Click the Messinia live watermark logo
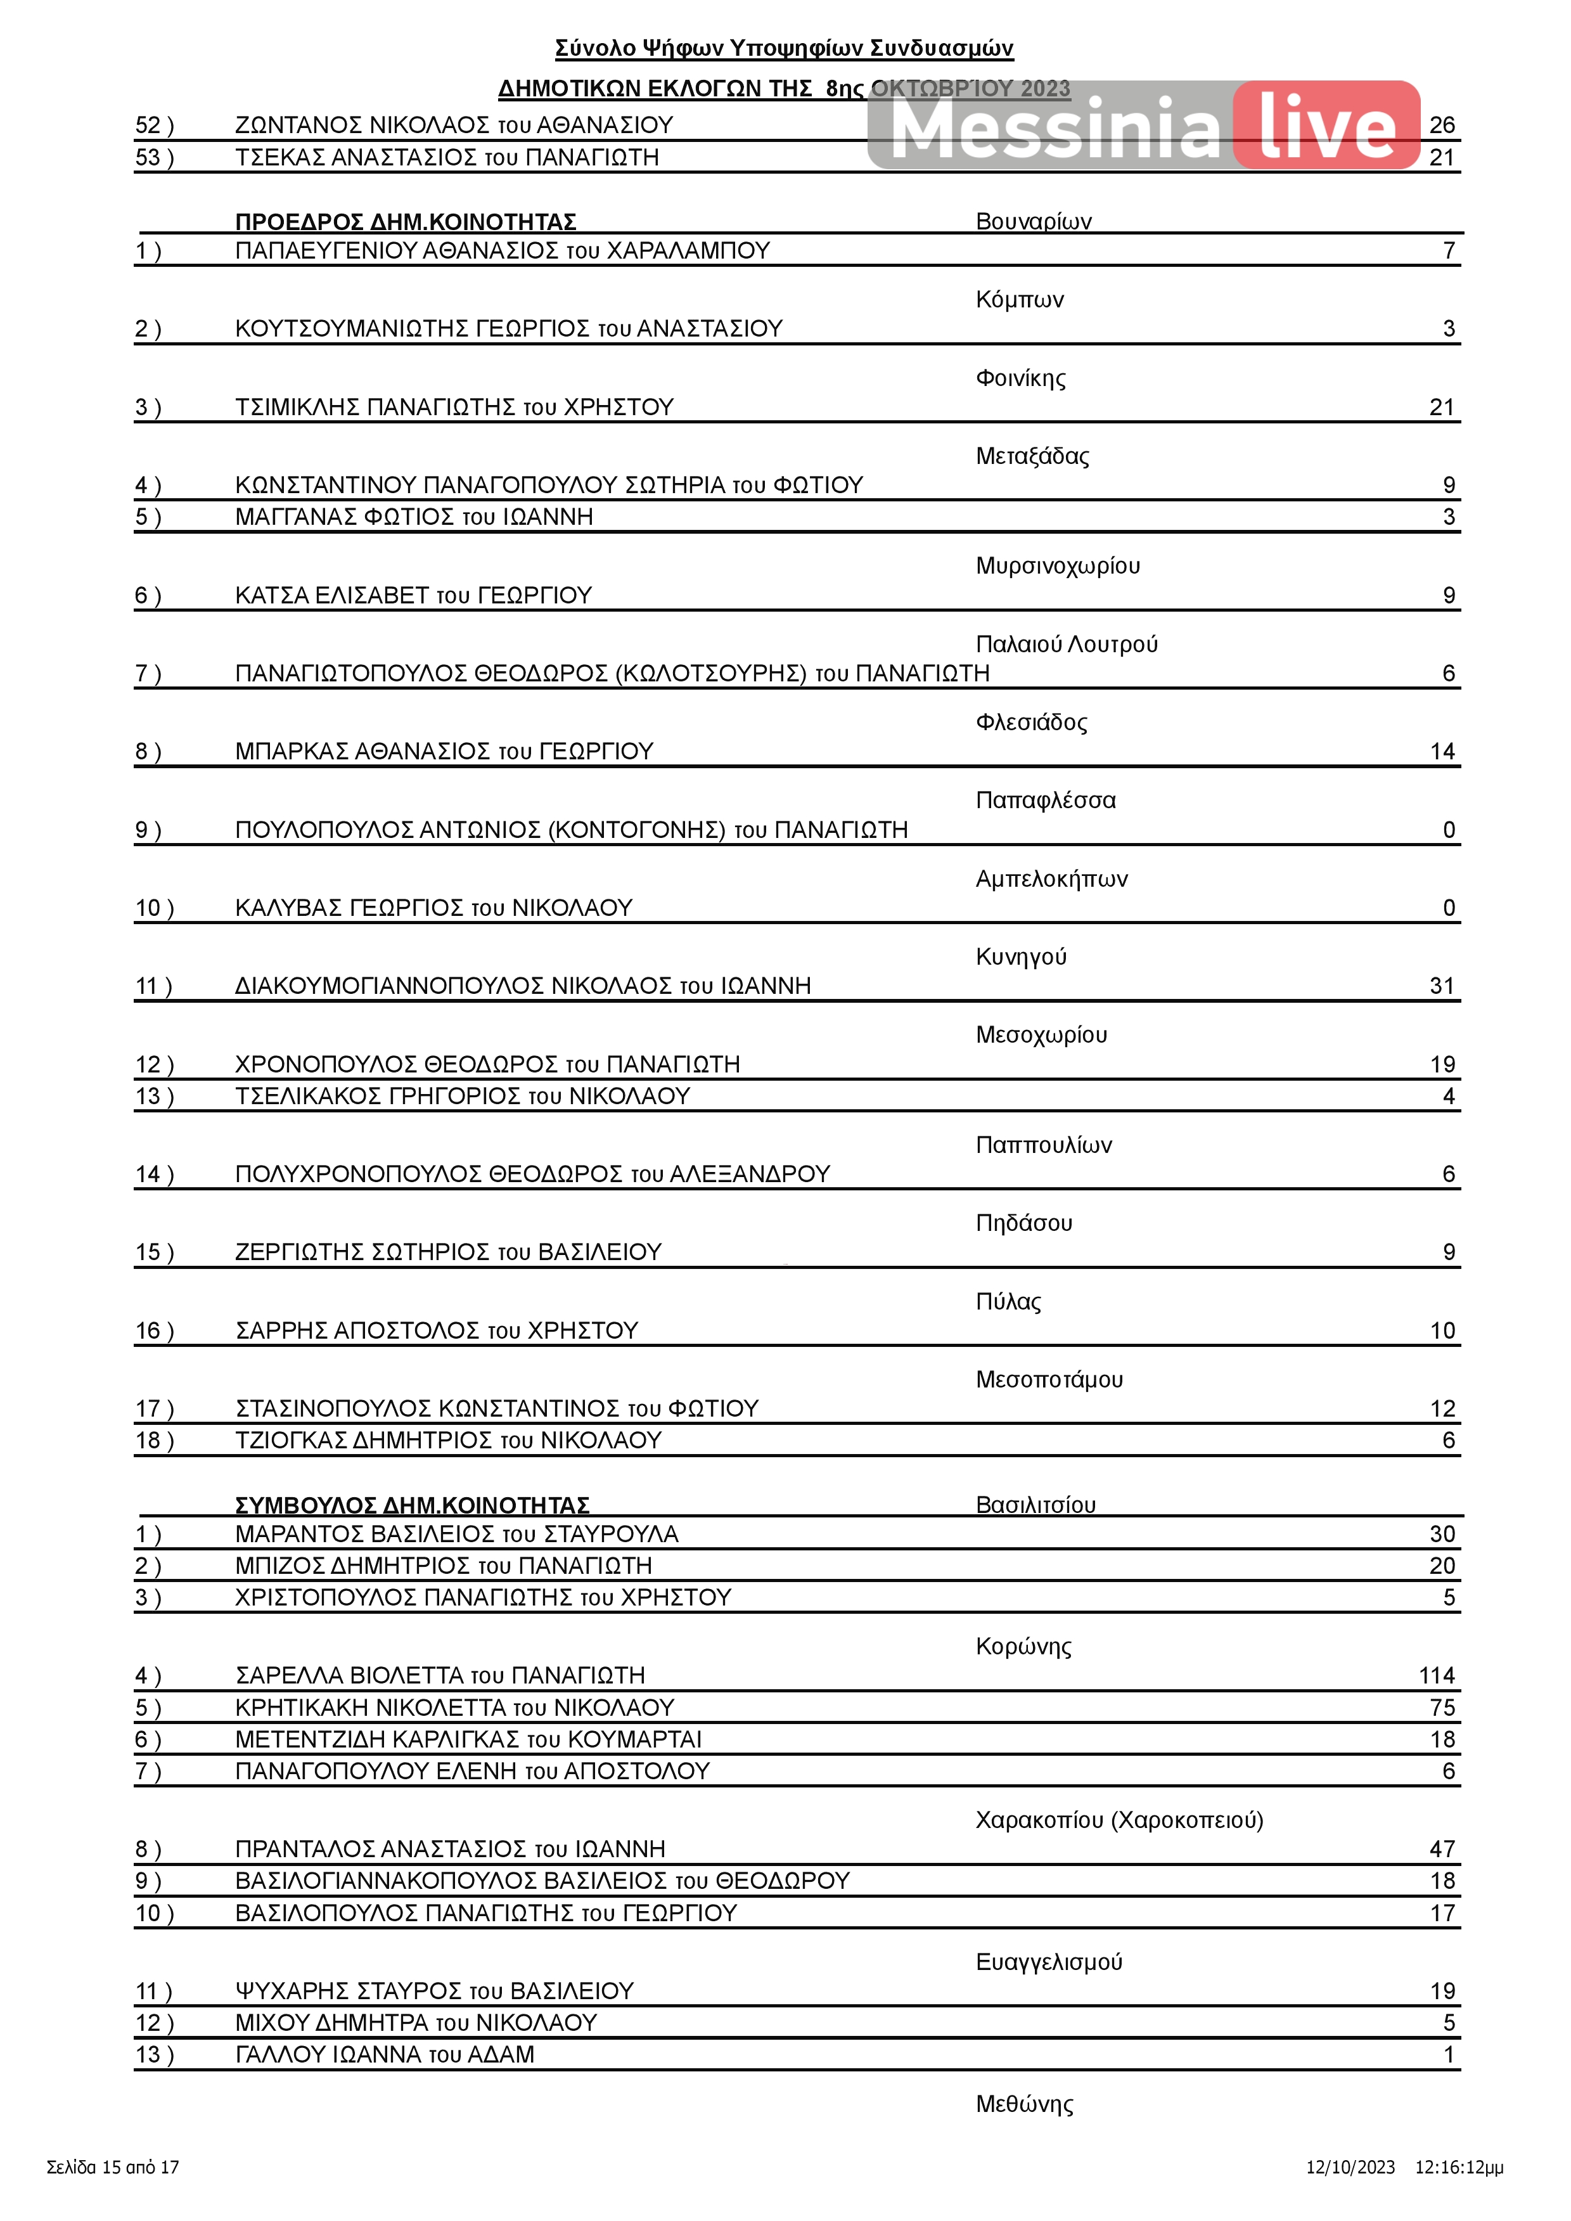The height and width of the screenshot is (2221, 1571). click(x=1143, y=126)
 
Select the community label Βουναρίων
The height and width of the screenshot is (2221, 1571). click(x=1033, y=221)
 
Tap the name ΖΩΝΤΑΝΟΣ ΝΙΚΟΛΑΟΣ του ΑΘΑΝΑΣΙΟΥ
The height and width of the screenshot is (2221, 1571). click(x=454, y=125)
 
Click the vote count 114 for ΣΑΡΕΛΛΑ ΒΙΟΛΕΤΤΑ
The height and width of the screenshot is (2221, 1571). click(x=1437, y=1675)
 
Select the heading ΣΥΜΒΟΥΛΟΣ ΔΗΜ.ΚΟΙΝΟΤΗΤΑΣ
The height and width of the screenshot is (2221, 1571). click(x=412, y=1505)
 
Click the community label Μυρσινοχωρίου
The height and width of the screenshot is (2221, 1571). click(x=1057, y=566)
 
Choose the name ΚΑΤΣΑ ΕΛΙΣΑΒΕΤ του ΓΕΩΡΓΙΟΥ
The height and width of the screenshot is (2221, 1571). click(x=413, y=595)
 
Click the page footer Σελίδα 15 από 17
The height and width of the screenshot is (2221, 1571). click(x=113, y=2167)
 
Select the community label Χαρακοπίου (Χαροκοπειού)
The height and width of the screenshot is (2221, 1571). click(x=1119, y=1820)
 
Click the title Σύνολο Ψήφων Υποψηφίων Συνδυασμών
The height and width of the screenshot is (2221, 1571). click(x=783, y=48)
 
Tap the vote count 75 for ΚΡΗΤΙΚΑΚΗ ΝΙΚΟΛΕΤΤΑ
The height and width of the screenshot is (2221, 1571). click(x=1441, y=1708)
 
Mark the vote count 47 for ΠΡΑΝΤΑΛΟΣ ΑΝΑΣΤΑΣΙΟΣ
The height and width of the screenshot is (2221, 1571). click(x=1441, y=1848)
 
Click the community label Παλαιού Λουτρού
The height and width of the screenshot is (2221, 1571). click(x=1066, y=644)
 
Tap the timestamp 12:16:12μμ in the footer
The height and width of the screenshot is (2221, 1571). click(x=1459, y=2167)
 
